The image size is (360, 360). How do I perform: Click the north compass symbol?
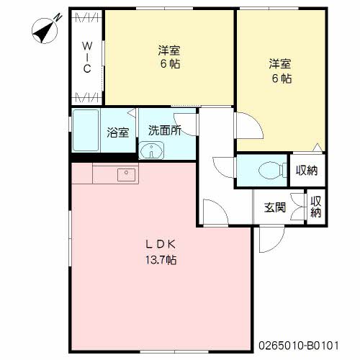pos(45,30)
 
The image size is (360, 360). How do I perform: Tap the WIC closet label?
pos(87,57)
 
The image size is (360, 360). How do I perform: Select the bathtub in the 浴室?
pos(86,130)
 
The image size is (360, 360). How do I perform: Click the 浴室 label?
pos(118,132)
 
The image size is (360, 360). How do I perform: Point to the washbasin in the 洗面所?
pos(152,150)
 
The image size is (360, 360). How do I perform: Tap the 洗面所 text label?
pos(165,130)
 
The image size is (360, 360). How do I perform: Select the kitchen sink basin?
pos(126,174)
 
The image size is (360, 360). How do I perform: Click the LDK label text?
pos(161,244)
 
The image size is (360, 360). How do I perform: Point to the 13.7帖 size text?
pos(161,260)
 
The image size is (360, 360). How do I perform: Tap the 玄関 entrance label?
pos(275,207)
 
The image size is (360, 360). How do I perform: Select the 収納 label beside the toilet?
pos(307,171)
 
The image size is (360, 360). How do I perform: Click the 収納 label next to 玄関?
pos(316,207)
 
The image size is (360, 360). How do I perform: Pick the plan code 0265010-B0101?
pos(299,346)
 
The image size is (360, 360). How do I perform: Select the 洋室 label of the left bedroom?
pos(169,50)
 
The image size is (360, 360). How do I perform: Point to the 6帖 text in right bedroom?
pos(282,78)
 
